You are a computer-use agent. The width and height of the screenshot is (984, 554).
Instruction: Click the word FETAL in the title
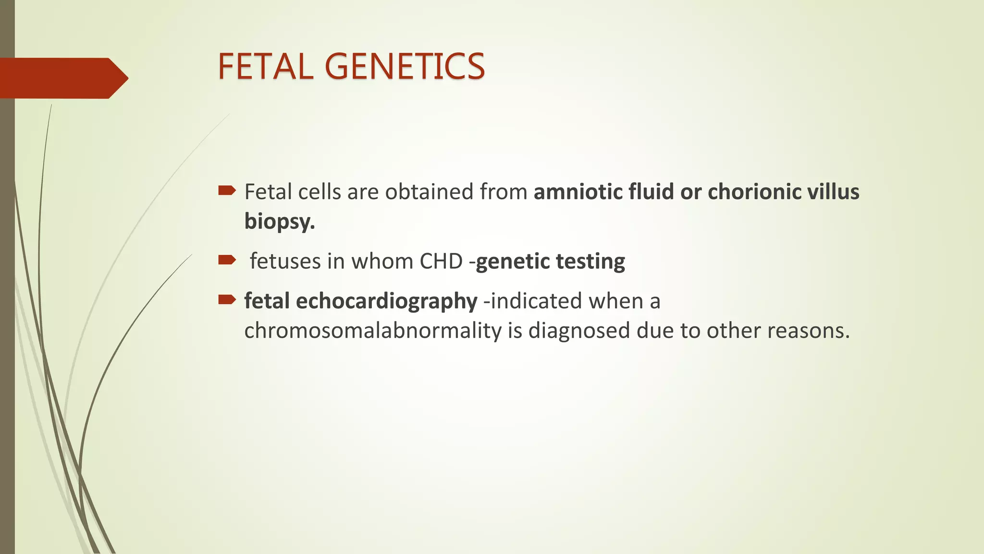click(265, 66)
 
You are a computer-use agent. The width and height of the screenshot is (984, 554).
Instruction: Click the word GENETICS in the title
click(407, 66)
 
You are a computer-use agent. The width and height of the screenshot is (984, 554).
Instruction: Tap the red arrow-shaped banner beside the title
click(62, 78)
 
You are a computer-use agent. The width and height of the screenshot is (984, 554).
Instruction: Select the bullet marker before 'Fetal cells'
click(227, 191)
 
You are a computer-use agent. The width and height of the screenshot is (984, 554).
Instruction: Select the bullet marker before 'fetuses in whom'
click(227, 260)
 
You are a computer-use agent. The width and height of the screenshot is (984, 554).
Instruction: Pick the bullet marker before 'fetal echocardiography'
click(227, 300)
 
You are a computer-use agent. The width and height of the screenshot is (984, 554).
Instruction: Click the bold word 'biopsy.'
click(279, 222)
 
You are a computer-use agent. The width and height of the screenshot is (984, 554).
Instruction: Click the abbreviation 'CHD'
click(441, 261)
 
